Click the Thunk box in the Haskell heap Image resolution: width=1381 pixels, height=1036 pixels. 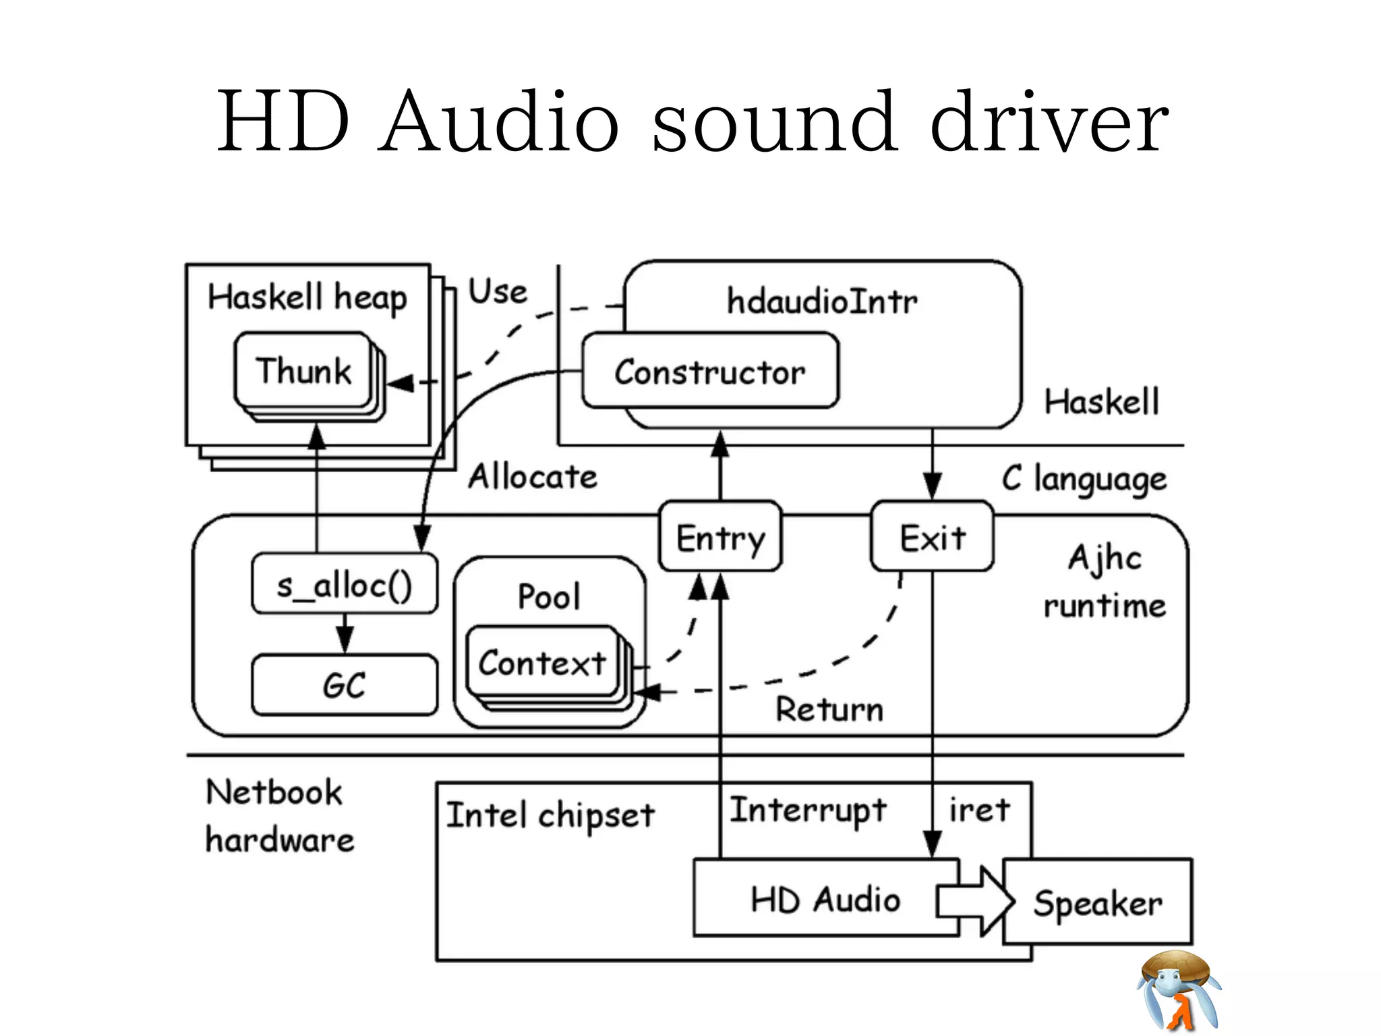coord(303,370)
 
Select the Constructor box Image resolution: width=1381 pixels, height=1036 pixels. coord(709,372)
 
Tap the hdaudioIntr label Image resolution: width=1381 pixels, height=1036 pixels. coord(821,301)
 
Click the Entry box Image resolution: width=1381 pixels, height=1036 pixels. coord(720,538)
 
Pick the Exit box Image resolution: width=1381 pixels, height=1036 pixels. coord(932,538)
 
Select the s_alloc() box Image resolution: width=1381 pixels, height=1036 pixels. coord(344,584)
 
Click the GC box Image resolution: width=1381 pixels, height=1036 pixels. coord(344,685)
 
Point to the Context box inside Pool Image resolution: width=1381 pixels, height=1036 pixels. coord(542,662)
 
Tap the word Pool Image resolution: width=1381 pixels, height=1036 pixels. coord(549,596)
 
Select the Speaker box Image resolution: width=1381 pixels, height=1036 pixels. coord(1098,902)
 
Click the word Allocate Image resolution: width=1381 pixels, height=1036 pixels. coord(533,477)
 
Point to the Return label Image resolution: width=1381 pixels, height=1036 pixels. coord(829,710)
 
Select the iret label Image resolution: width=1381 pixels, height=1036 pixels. coord(979,809)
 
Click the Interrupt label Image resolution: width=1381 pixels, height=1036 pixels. coord(808,810)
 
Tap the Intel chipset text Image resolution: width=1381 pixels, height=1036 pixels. coord(550,815)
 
